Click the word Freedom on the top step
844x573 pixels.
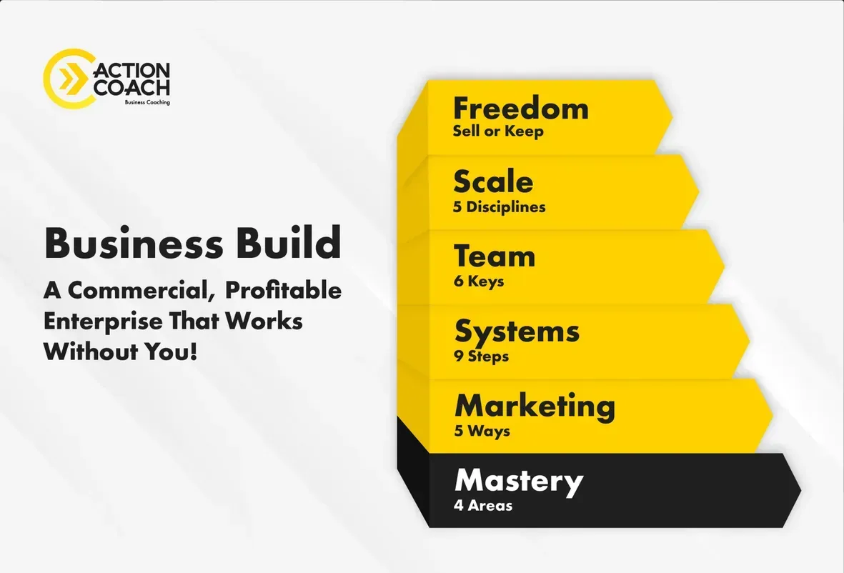520,108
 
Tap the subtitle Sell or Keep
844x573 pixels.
498,131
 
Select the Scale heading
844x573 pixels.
493,182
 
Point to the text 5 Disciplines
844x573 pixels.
499,207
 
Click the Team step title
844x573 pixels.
495,256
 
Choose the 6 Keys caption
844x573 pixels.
479,281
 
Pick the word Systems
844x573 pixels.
517,332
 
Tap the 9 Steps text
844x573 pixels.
481,357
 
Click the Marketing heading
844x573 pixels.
535,407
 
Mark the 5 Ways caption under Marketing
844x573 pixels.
482,431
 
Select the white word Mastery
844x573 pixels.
519,482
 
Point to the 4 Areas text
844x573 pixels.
483,506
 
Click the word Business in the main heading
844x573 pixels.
133,243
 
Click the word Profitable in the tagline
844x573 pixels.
283,291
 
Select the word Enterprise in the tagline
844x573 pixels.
103,322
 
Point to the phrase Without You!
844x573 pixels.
121,352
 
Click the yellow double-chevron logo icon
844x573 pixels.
73,79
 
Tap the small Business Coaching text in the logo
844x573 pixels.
147,102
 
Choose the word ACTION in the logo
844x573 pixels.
132,71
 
